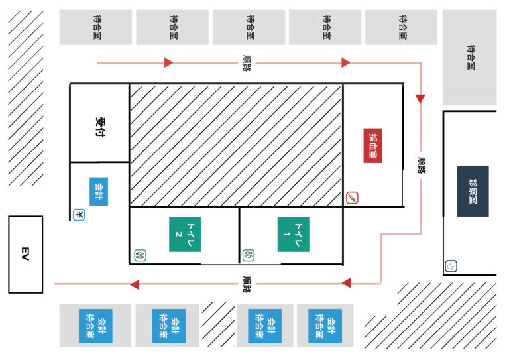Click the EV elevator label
(25, 254)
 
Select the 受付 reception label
(101, 127)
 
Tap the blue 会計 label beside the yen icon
(98, 191)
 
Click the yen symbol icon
(78, 215)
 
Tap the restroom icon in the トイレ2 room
(140, 254)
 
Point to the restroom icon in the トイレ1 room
(249, 254)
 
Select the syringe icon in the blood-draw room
(353, 198)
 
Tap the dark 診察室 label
(473, 191)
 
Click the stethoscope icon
(451, 267)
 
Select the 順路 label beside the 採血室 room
(421, 166)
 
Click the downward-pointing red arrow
(421, 99)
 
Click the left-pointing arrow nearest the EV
(135, 284)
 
